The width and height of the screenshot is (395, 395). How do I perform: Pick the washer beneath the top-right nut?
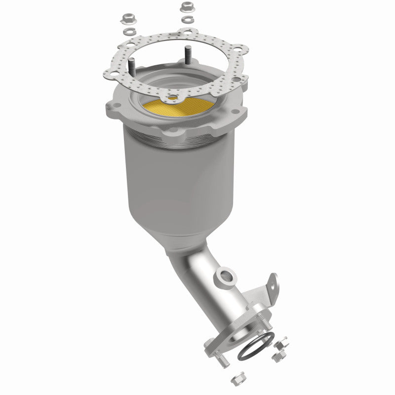[x=187, y=19]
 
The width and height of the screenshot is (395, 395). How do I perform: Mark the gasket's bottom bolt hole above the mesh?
[x=173, y=97]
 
